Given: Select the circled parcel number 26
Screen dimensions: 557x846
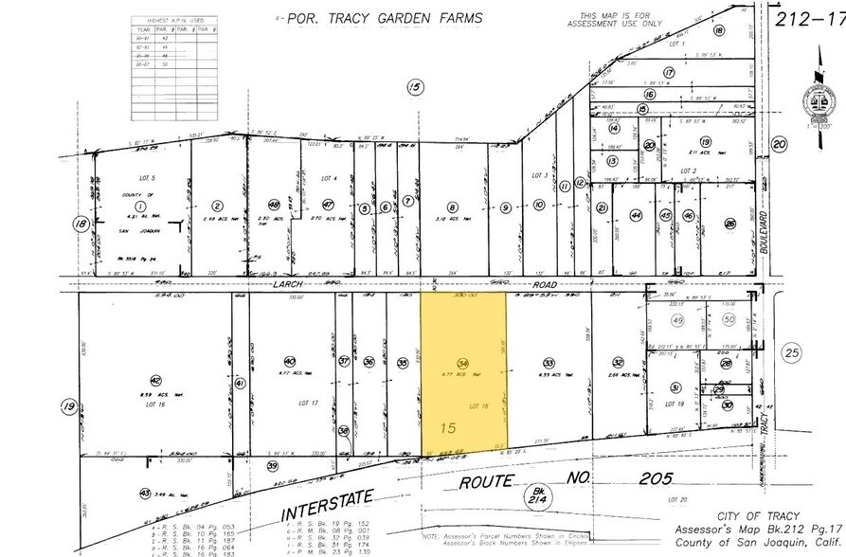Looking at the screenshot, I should [x=729, y=224].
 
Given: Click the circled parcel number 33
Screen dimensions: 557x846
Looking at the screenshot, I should [x=548, y=363].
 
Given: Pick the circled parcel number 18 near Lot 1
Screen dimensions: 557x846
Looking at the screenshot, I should [x=719, y=31].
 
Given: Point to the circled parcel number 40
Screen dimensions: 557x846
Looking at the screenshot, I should [x=291, y=362].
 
